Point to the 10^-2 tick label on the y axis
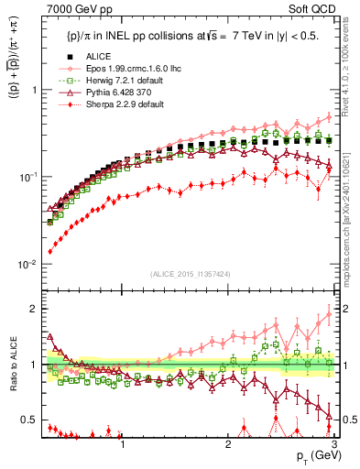coord(28,264)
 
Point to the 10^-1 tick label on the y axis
coord(28,177)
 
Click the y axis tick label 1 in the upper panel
coord(33,90)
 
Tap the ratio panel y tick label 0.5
coord(29,420)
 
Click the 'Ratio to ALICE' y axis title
coord(12,365)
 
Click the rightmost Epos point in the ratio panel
coord(330,315)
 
